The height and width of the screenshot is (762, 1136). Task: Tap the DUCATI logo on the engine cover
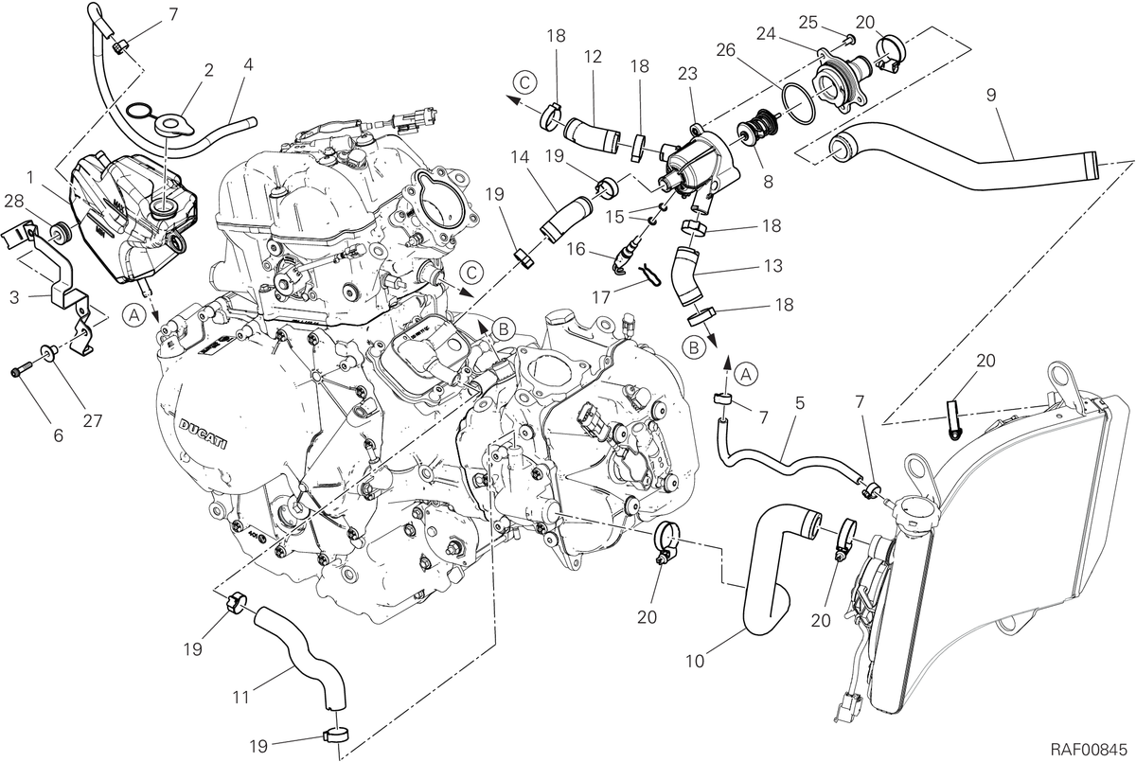click(x=204, y=434)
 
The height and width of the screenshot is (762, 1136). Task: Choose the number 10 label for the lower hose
click(x=695, y=662)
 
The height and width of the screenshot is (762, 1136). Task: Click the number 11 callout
click(x=240, y=699)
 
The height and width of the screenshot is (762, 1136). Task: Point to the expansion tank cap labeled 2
click(x=174, y=126)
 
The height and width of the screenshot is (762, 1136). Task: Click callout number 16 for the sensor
click(x=577, y=250)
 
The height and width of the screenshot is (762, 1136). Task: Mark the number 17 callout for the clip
click(x=601, y=297)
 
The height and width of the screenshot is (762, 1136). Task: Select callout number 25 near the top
click(x=808, y=23)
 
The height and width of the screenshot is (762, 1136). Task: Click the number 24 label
click(x=766, y=34)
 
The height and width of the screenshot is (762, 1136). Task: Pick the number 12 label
click(x=593, y=56)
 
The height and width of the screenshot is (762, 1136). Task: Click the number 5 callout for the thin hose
click(x=800, y=403)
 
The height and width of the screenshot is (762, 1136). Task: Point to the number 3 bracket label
click(x=13, y=297)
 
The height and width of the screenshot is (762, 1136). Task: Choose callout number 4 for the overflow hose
click(x=248, y=65)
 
